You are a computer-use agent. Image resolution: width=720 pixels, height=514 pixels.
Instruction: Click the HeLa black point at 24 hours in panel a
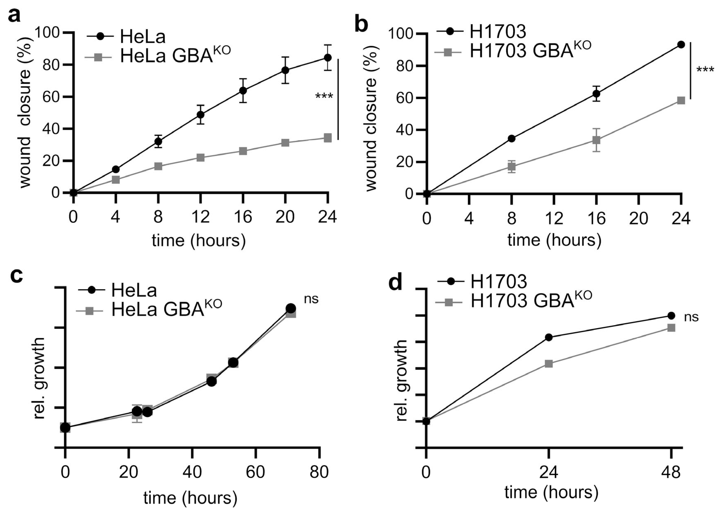(328, 58)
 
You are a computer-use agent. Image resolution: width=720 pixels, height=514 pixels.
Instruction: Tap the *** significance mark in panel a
(324, 96)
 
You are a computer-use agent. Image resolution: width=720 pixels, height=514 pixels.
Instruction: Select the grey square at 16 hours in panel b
(596, 140)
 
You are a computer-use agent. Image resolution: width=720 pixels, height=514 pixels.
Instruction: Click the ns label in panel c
(311, 299)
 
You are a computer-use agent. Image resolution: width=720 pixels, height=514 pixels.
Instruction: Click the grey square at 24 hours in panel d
(549, 364)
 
